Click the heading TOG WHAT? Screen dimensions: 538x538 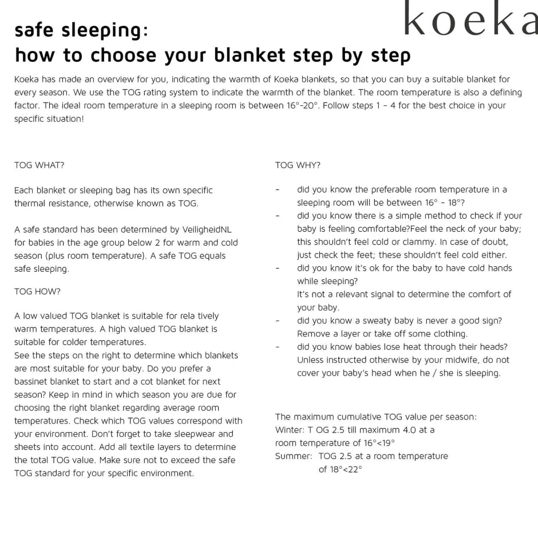39,165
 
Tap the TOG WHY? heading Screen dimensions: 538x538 298,165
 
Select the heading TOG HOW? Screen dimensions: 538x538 37,291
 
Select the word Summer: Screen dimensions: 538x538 294,456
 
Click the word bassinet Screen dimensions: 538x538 37,381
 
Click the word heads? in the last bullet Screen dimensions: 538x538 492,347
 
